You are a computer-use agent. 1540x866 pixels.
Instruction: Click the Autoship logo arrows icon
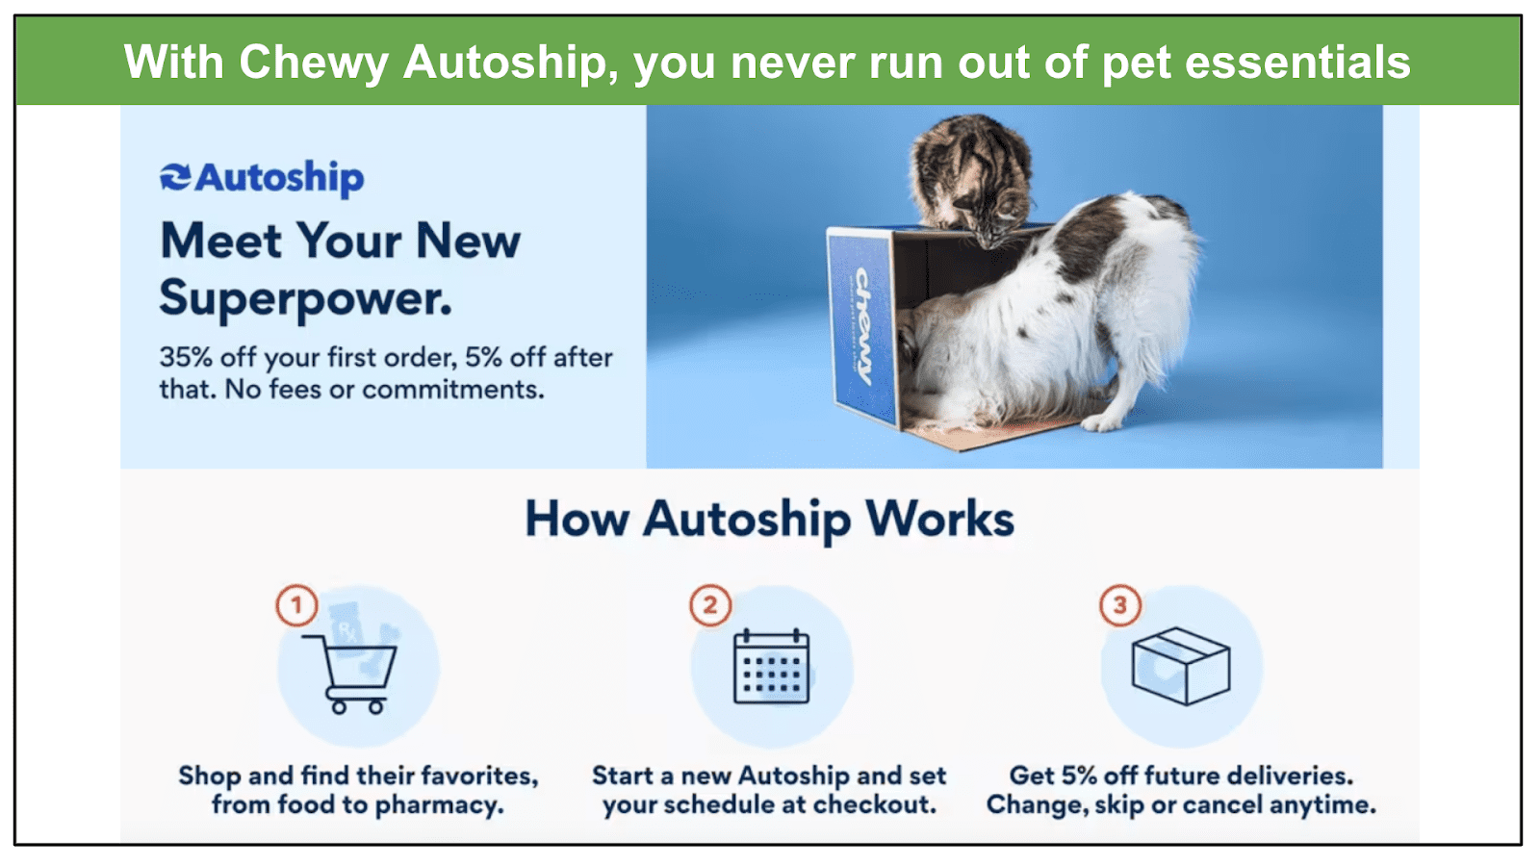[x=175, y=177]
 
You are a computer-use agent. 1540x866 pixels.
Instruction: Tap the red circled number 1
[x=296, y=605]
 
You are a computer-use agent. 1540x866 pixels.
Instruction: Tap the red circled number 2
[x=710, y=605]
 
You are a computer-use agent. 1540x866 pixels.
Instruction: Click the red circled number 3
[x=1120, y=605]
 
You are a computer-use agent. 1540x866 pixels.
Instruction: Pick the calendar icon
[x=771, y=666]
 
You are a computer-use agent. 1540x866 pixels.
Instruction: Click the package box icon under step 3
[x=1181, y=665]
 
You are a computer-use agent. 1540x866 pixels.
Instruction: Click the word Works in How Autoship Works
[x=939, y=519]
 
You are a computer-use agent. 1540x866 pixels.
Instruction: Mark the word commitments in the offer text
[x=453, y=390]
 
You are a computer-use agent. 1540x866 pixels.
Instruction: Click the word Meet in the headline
[x=220, y=242]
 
